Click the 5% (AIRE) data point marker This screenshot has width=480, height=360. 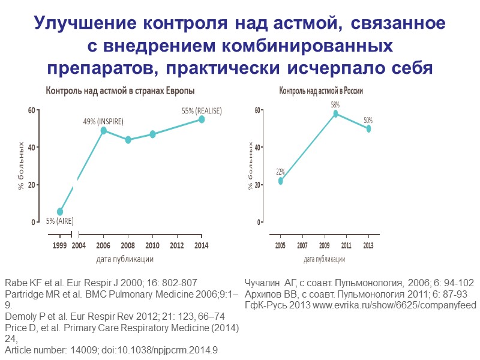60,212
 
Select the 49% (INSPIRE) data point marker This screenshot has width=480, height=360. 104,130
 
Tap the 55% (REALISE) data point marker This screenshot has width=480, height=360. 202,119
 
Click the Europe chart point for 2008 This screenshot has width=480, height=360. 128,140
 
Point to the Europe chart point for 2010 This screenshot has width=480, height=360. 153,134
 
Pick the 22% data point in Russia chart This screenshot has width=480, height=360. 280,181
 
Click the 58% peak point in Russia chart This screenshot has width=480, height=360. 336,113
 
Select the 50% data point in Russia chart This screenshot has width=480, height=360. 368,128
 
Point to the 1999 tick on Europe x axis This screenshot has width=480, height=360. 60,245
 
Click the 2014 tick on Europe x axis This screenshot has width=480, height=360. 202,245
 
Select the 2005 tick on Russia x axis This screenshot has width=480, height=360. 280,245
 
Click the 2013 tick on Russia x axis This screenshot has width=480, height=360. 368,245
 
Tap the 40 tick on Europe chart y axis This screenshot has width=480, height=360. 31,148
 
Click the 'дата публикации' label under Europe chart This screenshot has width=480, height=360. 125,259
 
